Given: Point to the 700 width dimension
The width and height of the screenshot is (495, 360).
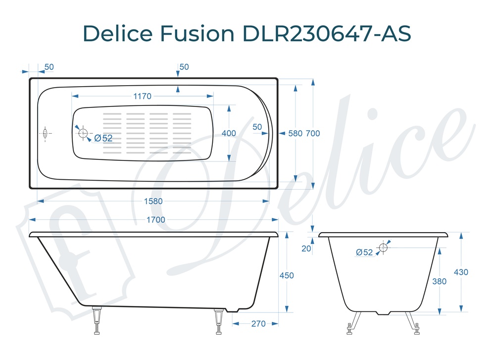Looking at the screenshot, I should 313,133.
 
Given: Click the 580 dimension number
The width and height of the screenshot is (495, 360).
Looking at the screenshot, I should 295,133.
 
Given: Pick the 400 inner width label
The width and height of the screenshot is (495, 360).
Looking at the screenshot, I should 229,133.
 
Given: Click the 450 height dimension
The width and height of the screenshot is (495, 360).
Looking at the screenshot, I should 287,275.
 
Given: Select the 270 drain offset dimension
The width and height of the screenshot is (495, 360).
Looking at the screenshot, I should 258,324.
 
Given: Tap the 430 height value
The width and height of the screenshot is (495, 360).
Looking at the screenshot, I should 460,272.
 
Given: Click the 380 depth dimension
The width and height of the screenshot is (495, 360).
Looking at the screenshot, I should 439,281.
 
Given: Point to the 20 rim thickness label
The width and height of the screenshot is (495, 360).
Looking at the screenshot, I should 306,249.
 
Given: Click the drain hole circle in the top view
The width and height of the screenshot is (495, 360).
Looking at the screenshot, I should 83,133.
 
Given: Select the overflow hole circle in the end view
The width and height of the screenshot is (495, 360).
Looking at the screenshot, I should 383,247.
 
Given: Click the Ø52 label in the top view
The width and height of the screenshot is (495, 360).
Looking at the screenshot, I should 103,139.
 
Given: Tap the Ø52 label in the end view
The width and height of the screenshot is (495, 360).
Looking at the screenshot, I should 364,252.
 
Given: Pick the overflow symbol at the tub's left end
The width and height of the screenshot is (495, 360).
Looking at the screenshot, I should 46,133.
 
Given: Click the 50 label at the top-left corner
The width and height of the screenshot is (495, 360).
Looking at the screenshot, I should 49,67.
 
